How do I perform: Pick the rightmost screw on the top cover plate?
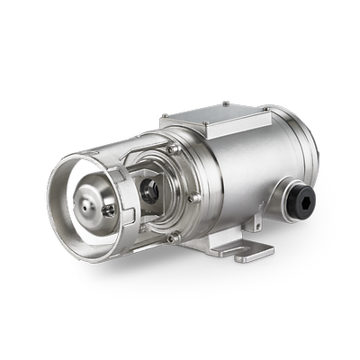[x=265, y=109]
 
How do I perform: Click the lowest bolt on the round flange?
[x=174, y=237]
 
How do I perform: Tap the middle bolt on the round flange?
[x=193, y=197]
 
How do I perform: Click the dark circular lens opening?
[x=151, y=189]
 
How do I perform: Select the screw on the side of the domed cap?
[x=109, y=211]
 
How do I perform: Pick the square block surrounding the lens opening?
[x=148, y=189]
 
